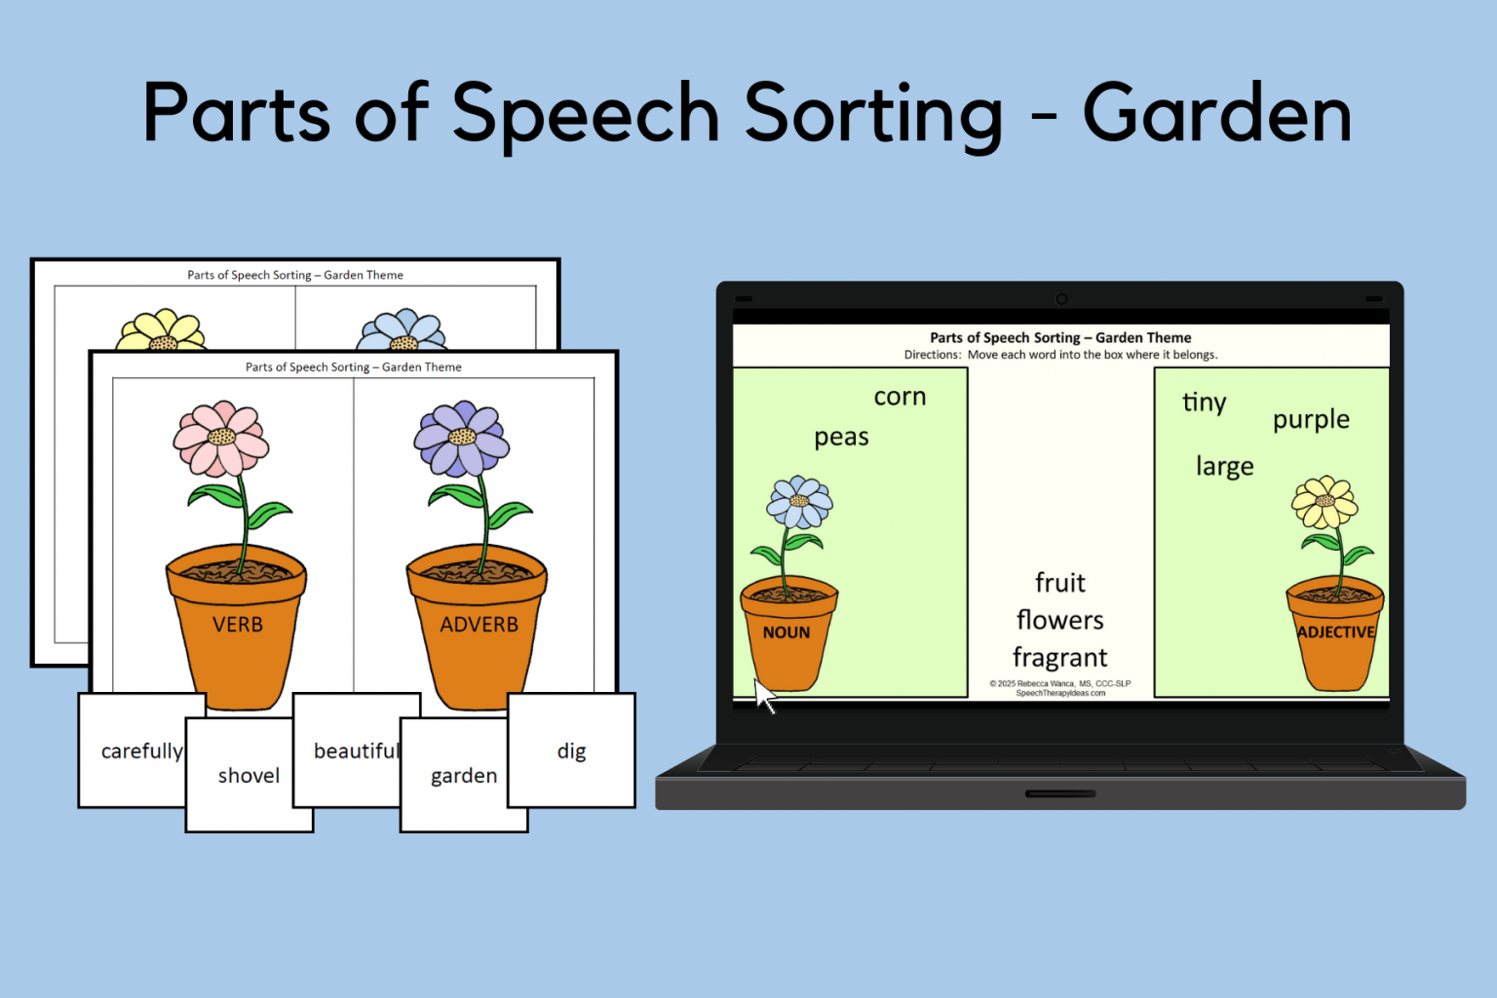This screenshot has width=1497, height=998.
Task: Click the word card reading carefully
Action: pyautogui.click(x=141, y=750)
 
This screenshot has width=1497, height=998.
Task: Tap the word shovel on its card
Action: pyautogui.click(x=249, y=776)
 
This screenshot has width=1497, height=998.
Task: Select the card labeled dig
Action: pyautogui.click(x=571, y=750)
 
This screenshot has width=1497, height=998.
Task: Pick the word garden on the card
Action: pyautogui.click(x=464, y=776)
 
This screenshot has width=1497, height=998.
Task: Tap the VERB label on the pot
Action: pyautogui.click(x=238, y=625)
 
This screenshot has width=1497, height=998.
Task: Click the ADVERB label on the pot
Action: pyautogui.click(x=479, y=625)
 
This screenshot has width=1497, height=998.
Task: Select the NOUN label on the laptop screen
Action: pyautogui.click(x=787, y=633)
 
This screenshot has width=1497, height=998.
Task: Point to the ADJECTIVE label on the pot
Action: pyautogui.click(x=1335, y=633)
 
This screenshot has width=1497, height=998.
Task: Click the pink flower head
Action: pyautogui.click(x=221, y=438)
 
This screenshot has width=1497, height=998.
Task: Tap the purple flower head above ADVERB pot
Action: pyautogui.click(x=461, y=438)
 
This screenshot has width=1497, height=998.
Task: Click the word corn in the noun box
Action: pyautogui.click(x=900, y=397)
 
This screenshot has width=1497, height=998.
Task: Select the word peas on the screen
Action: pyautogui.click(x=841, y=438)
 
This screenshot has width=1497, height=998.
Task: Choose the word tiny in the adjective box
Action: pyautogui.click(x=1204, y=403)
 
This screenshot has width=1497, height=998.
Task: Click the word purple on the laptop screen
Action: pyautogui.click(x=1311, y=420)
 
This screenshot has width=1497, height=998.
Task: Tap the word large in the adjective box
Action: pyautogui.click(x=1224, y=467)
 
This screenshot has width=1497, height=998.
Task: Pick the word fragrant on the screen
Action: pyautogui.click(x=1059, y=658)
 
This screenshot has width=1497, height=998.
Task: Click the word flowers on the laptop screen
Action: pyautogui.click(x=1059, y=620)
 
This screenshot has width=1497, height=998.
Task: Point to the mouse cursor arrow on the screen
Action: pyautogui.click(x=763, y=694)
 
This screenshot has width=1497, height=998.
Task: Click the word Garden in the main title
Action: pyautogui.click(x=1217, y=114)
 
